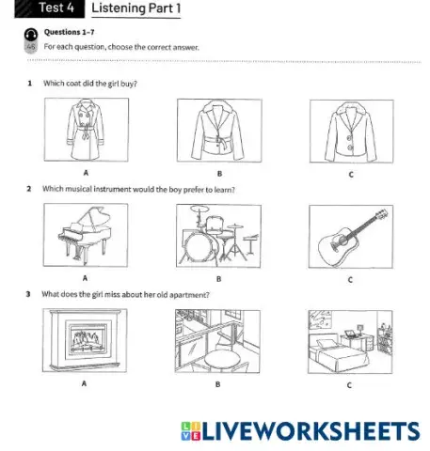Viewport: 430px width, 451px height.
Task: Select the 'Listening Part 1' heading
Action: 135,9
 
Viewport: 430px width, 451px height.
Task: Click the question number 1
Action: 30,84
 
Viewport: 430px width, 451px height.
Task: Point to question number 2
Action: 30,190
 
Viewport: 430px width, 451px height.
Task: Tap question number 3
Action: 30,294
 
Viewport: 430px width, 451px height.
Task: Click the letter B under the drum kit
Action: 218,278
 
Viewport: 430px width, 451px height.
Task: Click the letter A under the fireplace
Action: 85,383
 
